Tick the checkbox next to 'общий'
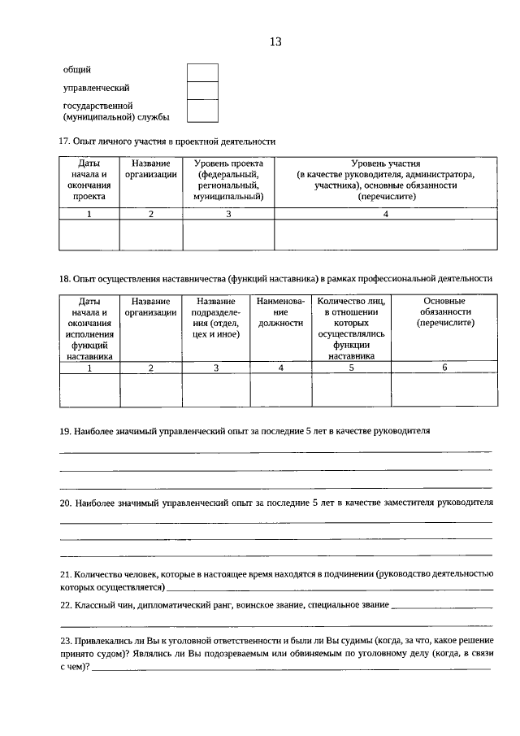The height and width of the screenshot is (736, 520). (202, 72)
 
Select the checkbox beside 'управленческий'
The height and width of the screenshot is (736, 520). (202, 90)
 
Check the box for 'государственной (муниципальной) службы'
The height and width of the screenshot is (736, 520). (202, 111)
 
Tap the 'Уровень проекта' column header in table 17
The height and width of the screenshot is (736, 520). (228, 180)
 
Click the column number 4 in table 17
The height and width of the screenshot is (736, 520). (386, 214)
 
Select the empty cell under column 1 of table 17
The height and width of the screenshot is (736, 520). (89, 234)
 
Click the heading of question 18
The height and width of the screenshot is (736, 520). (275, 279)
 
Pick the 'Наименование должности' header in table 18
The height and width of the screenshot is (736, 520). (280, 312)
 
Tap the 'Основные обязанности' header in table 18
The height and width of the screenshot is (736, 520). (444, 312)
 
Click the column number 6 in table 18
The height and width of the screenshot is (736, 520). (444, 368)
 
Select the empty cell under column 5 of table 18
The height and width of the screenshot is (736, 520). (351, 389)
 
